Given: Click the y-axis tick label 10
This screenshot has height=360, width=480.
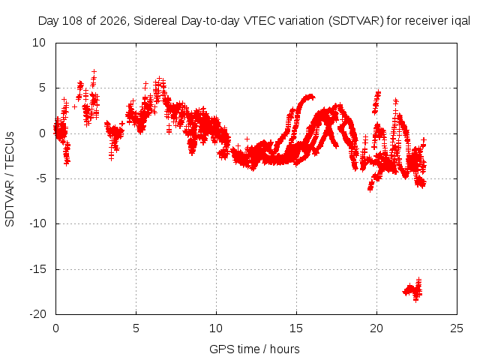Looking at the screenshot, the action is pos(39,43).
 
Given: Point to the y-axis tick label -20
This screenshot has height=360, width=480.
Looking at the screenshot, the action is pos(37,314).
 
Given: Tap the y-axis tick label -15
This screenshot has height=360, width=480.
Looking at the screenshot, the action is pos(37,269).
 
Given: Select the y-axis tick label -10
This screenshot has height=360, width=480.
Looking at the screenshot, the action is pos(37,223).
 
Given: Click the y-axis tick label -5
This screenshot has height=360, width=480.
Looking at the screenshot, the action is pos(40,178).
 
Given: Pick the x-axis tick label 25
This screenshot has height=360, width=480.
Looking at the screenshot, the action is pos(457,328).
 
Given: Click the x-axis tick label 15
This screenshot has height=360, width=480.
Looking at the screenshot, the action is pos(296,328).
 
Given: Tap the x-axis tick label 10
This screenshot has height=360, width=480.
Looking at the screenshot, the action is pos(216,328).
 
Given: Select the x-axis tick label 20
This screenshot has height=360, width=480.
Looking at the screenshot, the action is pos(376,328).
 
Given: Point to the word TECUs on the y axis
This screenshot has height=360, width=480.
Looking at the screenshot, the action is pos(10,150).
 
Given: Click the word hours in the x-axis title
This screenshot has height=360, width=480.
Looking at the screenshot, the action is pos(285,349).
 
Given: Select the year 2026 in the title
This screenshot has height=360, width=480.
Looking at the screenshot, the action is pos(113,21).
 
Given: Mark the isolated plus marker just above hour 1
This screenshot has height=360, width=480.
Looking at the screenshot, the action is pos(74,106).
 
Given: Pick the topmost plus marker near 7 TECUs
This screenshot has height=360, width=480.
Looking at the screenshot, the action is pos(94,72).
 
